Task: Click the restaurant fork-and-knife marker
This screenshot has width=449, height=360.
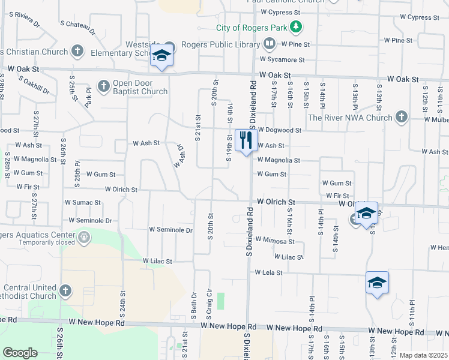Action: tap(246, 140)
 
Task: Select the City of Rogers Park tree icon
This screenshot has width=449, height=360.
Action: tap(295, 27)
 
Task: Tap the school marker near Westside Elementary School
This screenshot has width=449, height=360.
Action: tap(161, 56)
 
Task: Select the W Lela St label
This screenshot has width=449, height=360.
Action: tap(268, 272)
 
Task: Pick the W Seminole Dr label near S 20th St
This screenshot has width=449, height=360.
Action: tap(170, 230)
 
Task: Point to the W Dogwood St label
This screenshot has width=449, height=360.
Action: tap(280, 130)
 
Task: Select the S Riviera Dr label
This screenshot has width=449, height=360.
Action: tap(25, 19)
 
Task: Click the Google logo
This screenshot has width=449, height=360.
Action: tap(19, 353)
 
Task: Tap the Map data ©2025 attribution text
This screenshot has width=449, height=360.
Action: tap(423, 355)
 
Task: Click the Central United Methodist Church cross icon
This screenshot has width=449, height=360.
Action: tap(65, 292)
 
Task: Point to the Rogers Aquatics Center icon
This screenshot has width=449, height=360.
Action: tap(83, 237)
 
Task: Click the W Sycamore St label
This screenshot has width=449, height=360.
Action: tap(282, 59)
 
